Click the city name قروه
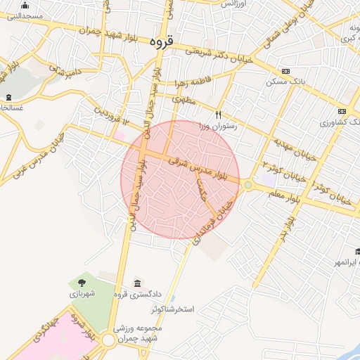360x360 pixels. coord(162,41)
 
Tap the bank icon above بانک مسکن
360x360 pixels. coord(285,71)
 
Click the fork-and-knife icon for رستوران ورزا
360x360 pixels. coord(219,114)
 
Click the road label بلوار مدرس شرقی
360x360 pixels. coord(200,171)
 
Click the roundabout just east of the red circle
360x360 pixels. coord(248,185)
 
